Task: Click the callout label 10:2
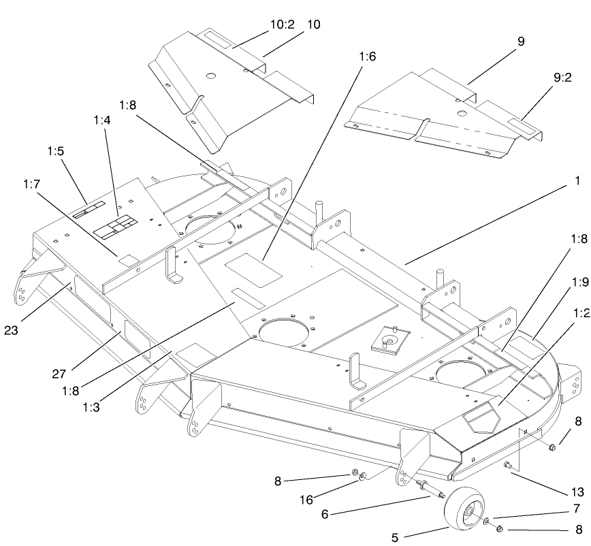tap(282, 25)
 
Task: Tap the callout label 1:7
tap(31, 184)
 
